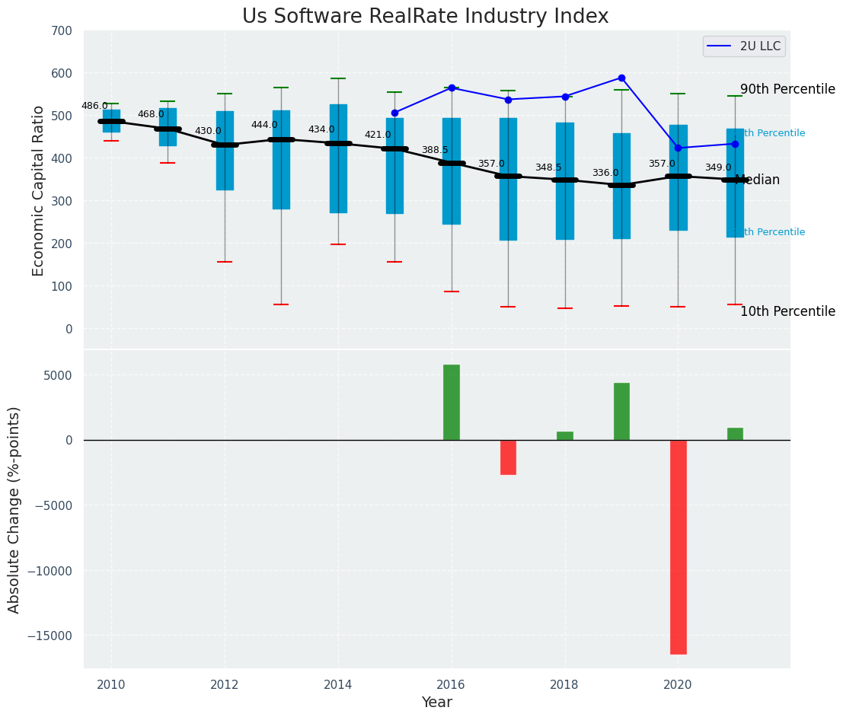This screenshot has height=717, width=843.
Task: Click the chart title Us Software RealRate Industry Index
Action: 425,17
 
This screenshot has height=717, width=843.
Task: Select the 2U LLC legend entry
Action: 744,46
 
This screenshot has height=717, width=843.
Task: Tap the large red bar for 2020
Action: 678,547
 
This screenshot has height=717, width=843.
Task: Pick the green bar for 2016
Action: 452,402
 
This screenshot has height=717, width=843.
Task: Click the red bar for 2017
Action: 508,457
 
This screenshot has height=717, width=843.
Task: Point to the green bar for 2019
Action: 621,411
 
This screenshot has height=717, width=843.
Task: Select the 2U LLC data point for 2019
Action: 621,78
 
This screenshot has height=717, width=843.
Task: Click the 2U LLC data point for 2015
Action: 394,113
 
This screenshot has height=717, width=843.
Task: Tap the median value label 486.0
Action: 94,106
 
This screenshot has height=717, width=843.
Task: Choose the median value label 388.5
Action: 435,150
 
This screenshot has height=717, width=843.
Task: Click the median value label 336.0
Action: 605,173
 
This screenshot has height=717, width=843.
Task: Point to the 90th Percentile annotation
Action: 787,89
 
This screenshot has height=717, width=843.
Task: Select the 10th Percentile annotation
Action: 787,311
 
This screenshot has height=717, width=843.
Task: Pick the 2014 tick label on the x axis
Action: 338,685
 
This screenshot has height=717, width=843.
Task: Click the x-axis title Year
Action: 436,703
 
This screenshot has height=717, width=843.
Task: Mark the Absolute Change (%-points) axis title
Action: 14,509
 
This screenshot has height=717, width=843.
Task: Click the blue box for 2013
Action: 281,160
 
